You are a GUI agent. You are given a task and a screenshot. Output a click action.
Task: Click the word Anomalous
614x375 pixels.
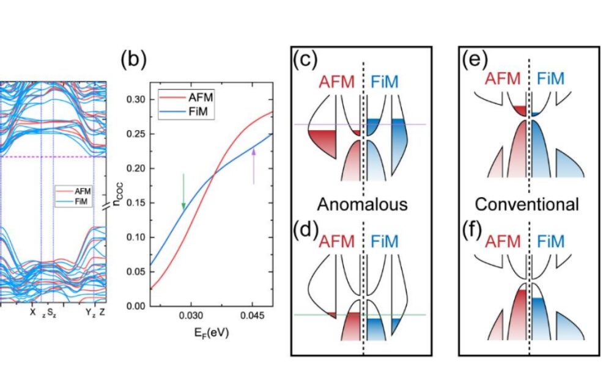coord(363,204)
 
